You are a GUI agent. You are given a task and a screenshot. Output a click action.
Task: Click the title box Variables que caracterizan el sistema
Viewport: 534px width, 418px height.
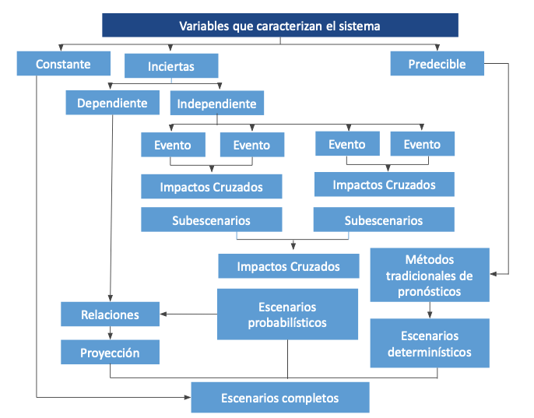pyautogui.click(x=279, y=26)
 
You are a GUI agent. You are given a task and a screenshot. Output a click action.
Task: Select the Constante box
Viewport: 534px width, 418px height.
pyautogui.click(x=63, y=64)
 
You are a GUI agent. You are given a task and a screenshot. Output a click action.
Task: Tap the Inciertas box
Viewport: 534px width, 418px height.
pyautogui.click(x=171, y=66)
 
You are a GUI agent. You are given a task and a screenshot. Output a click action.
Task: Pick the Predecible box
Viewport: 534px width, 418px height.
pyautogui.click(x=437, y=64)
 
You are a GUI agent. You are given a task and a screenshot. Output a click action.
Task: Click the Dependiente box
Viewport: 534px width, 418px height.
pyautogui.click(x=112, y=102)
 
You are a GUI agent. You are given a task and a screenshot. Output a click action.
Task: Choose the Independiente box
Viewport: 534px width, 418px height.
pyautogui.click(x=216, y=104)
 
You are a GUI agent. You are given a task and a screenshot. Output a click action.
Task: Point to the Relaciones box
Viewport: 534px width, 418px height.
pyautogui.click(x=110, y=314)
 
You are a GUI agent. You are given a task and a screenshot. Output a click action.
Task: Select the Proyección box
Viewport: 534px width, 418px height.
pyautogui.click(x=110, y=353)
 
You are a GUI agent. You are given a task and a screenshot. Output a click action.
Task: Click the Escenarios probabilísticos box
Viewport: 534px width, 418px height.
pyautogui.click(x=287, y=314)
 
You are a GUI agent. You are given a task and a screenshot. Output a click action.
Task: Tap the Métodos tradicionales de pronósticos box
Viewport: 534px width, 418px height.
pyautogui.click(x=429, y=275)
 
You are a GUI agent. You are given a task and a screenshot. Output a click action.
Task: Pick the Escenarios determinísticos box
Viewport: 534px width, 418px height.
pyautogui.click(x=429, y=343)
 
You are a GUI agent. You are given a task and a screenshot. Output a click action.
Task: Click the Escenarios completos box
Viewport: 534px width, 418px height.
pyautogui.click(x=279, y=398)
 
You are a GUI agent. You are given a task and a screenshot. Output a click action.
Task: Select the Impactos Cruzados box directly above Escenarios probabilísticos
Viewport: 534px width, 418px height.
pyautogui.click(x=288, y=266)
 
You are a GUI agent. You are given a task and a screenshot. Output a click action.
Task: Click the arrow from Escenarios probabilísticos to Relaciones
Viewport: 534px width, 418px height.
pyautogui.click(x=188, y=314)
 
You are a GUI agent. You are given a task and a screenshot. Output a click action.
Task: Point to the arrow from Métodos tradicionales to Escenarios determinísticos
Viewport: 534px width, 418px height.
pyautogui.click(x=429, y=310)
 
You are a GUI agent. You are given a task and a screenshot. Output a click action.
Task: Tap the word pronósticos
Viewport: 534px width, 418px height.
pyautogui.click(x=429, y=292)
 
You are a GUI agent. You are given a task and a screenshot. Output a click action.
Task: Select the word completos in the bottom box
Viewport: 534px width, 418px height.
pyautogui.click(x=307, y=398)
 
